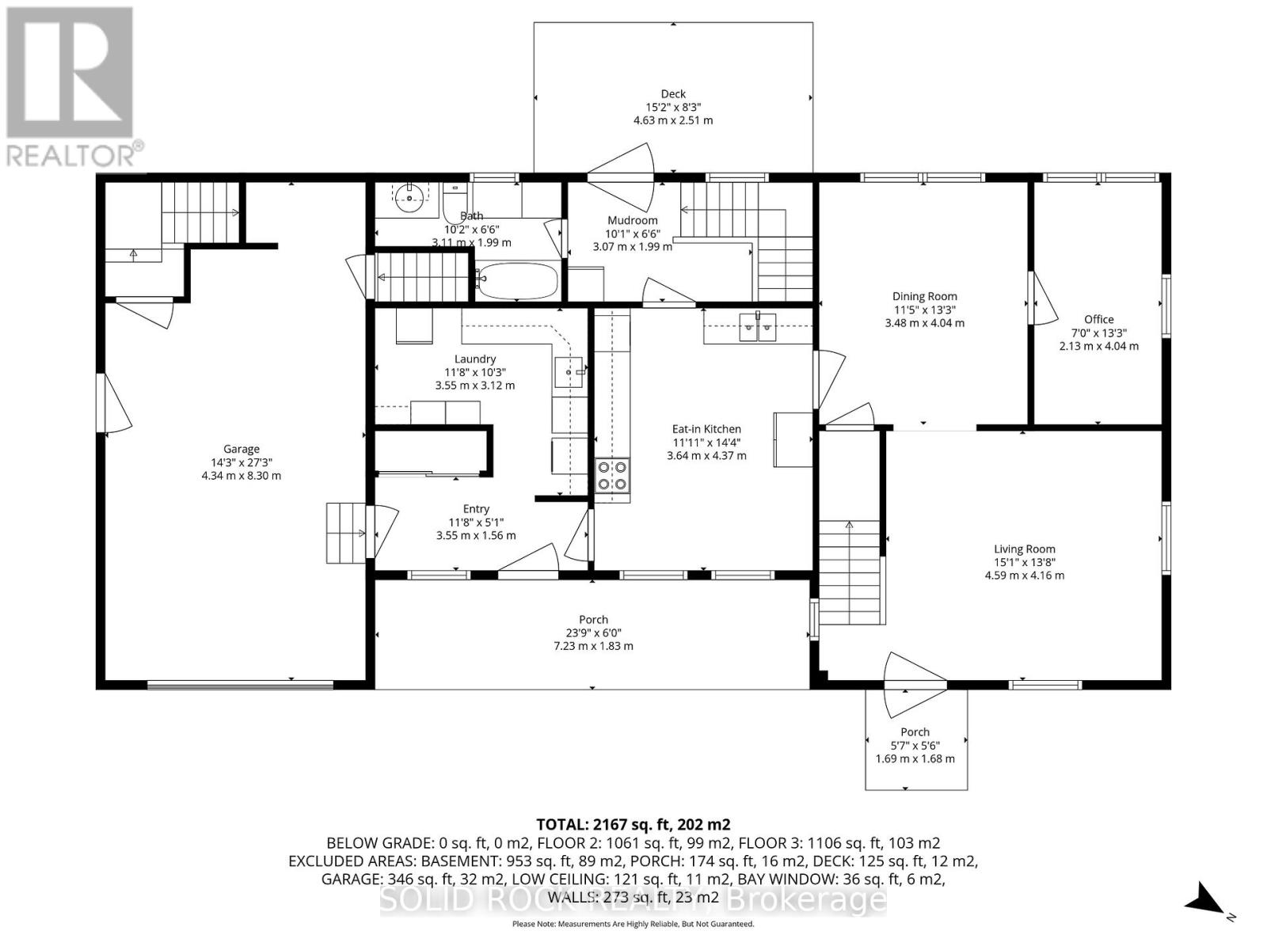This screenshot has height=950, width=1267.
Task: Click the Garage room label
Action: (x=241, y=449)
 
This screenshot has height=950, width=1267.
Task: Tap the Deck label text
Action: (x=672, y=93)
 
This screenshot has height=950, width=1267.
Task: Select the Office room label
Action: (x=1098, y=319)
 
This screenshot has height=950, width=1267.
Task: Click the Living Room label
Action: (x=1024, y=549)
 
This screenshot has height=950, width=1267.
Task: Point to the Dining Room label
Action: (x=924, y=296)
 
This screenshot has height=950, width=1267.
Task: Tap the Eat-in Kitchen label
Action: (x=706, y=429)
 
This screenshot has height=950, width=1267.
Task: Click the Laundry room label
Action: (x=474, y=359)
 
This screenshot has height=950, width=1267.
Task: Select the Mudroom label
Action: (x=632, y=220)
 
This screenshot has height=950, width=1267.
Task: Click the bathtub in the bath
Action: (x=519, y=280)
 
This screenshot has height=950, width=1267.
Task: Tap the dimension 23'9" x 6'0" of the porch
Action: (x=593, y=633)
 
